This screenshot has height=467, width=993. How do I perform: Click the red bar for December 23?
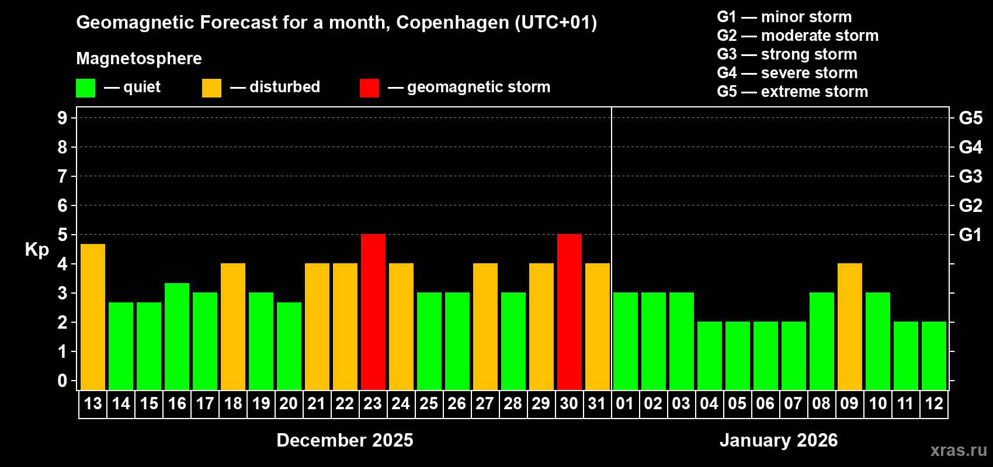point(373,312)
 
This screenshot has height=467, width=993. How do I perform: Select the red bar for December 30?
point(569,312)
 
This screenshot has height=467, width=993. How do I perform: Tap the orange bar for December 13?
point(93,317)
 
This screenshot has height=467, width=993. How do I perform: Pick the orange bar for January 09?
point(849,327)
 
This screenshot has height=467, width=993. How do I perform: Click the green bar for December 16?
point(177,337)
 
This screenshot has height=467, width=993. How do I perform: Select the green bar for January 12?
point(933,356)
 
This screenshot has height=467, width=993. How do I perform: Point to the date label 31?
point(597,404)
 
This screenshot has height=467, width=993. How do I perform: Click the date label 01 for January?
point(625,404)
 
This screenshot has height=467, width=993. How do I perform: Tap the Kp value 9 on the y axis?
point(63,118)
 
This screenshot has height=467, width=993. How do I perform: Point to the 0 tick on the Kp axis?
point(63,381)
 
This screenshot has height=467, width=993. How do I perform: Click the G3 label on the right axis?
point(970,176)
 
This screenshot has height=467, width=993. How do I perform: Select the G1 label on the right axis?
point(970,235)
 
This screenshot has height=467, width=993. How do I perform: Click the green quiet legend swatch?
point(86,88)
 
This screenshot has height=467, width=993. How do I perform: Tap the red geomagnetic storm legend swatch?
point(369,88)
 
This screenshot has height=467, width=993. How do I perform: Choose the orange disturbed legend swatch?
point(211,88)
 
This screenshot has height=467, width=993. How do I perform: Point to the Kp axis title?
point(37,249)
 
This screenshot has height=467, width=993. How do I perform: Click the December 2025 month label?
point(345,440)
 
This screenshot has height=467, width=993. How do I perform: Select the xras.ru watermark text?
point(959,450)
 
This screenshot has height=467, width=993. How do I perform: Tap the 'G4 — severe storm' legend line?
point(787,73)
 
